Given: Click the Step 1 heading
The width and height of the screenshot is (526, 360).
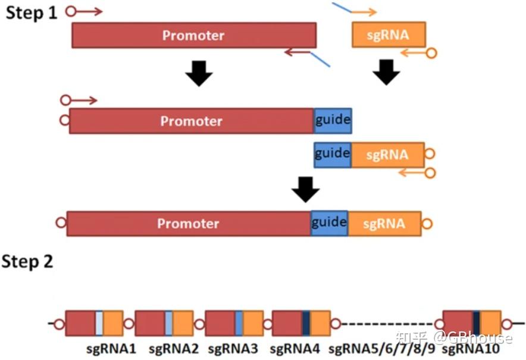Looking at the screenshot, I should point(31,12).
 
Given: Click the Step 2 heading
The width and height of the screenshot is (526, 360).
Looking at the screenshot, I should point(27,261).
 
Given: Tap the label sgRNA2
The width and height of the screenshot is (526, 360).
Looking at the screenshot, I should point(173,348).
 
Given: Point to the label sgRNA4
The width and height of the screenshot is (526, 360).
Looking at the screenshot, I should point(295,348).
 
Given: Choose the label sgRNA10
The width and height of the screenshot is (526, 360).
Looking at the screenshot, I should point(471,348).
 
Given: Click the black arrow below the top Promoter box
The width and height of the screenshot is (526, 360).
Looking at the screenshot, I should point(199,74).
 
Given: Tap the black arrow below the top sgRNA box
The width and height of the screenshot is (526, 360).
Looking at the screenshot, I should point(386,73).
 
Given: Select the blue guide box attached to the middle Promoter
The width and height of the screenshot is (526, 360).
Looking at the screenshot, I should point(333,121).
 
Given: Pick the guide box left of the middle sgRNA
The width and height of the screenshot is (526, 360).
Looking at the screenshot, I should point(332,155).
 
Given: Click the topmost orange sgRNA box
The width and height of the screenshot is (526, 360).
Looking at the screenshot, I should point(389,35).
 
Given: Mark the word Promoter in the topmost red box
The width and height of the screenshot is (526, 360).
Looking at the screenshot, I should point(193,35).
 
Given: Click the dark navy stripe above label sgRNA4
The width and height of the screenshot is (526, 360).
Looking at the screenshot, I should point(306,323).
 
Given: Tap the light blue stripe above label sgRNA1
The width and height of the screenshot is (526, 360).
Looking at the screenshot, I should point(99,323).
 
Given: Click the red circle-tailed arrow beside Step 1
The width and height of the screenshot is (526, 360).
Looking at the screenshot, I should point(83,11).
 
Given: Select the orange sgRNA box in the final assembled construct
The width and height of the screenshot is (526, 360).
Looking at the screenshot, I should point(384,224).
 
